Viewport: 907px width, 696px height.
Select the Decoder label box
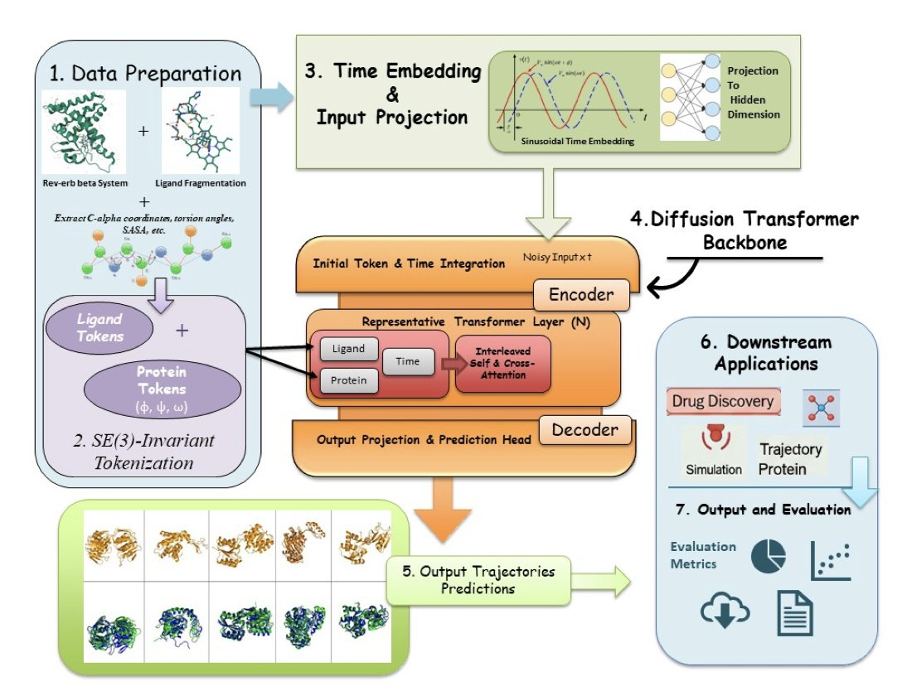[584, 429]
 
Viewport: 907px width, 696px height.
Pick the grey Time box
[408, 362]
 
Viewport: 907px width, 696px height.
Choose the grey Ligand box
[347, 349]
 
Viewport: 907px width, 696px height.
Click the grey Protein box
[347, 379]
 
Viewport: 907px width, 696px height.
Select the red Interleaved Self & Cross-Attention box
[503, 364]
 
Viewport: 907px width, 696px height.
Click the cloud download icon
[725, 612]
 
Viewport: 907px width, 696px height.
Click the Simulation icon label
[713, 469]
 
